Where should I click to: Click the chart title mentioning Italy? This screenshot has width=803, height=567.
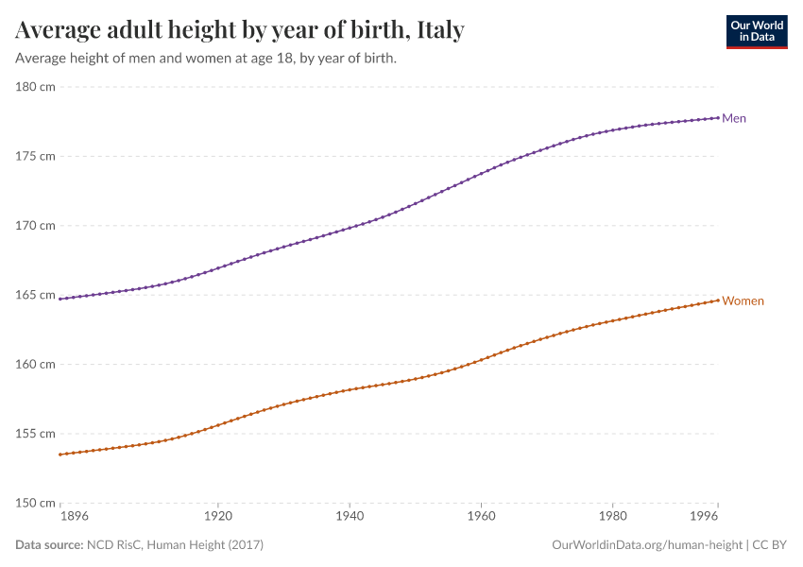[240, 30]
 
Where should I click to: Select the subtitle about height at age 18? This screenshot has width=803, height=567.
[205, 59]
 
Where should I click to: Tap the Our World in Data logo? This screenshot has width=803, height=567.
[756, 31]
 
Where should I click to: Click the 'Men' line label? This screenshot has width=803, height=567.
[734, 118]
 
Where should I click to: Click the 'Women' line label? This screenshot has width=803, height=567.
[743, 301]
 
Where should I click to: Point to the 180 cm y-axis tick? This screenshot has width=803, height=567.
[35, 87]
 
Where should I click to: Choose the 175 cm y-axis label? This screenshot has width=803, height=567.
[35, 156]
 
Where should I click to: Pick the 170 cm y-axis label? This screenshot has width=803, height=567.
[35, 226]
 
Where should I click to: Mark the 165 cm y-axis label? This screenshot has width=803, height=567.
[35, 295]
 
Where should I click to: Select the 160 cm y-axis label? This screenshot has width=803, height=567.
[35, 364]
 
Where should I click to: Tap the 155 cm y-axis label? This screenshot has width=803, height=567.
[35, 434]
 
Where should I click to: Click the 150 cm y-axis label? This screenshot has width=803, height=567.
[35, 503]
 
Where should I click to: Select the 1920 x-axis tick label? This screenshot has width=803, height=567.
[217, 518]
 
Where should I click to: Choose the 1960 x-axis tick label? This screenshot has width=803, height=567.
[481, 518]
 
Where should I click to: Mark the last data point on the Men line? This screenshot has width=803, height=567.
[718, 117]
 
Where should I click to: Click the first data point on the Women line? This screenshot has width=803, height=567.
[60, 455]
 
